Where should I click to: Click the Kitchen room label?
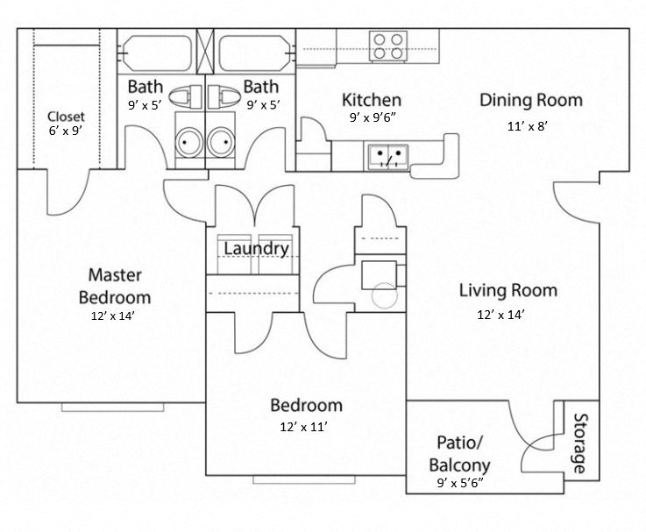click(372, 100)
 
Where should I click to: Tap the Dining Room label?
click(530, 100)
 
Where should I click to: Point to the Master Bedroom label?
click(114, 284)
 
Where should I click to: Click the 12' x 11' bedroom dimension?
click(305, 427)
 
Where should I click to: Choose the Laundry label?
click(256, 249)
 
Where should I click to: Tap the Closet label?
click(66, 116)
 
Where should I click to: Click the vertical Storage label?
click(579, 443)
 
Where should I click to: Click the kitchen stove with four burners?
click(387, 46)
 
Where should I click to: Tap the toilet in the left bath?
click(186, 95)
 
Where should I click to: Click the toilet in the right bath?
click(224, 95)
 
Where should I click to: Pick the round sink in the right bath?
click(223, 140)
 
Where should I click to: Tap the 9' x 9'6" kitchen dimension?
click(372, 118)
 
